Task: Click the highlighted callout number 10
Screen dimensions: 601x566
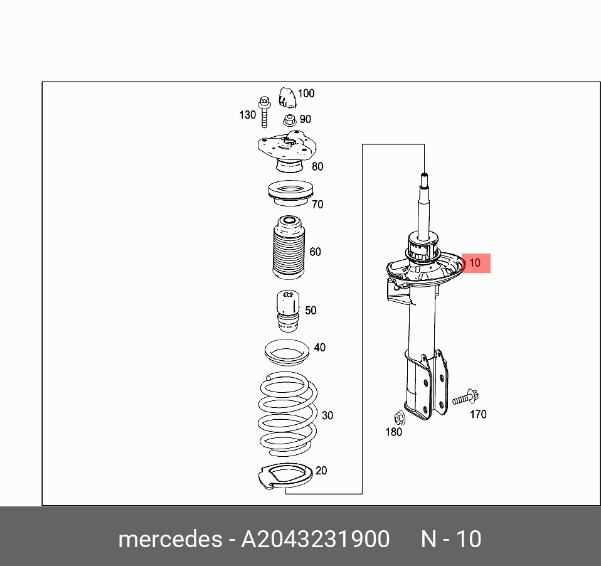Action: pyautogui.click(x=474, y=263)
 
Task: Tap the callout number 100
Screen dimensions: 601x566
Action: pyautogui.click(x=306, y=93)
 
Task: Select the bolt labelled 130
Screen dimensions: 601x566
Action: pyautogui.click(x=264, y=112)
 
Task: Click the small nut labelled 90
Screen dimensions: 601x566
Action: pyautogui.click(x=290, y=120)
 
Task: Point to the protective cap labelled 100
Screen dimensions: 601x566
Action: pyautogui.click(x=287, y=97)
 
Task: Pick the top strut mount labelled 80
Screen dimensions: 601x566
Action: pyautogui.click(x=287, y=151)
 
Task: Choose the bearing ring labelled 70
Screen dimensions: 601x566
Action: pyautogui.click(x=291, y=193)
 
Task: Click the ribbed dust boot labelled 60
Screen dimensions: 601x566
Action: pyautogui.click(x=289, y=247)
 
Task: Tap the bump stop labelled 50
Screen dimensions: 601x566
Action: pyautogui.click(x=288, y=311)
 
